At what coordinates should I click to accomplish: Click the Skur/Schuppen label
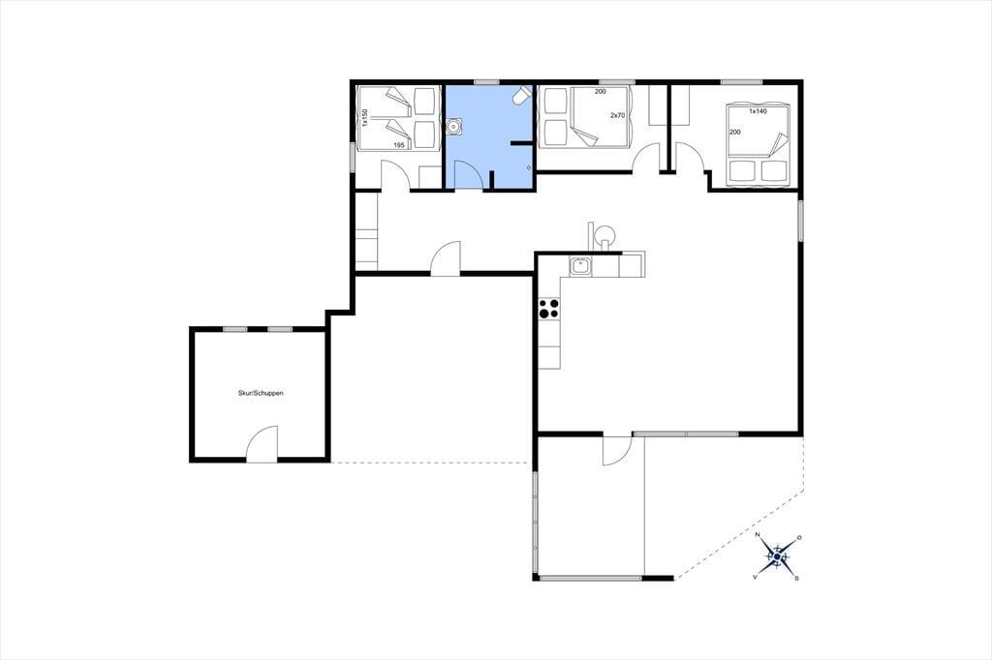tap(261, 393)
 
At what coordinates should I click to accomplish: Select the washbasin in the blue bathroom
tap(454, 127)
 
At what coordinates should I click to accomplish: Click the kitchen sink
tap(580, 267)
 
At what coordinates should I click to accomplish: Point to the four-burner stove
tap(549, 309)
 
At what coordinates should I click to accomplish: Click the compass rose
tap(778, 556)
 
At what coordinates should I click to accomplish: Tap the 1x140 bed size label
tap(758, 111)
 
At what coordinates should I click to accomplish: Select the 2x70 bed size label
tap(617, 116)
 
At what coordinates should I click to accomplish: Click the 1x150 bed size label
tap(365, 118)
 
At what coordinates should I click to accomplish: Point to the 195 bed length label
tap(399, 145)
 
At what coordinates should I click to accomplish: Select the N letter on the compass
tap(758, 535)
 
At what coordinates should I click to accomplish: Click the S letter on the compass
tap(797, 578)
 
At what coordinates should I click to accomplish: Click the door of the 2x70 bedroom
tap(646, 158)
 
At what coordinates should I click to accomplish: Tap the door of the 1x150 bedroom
tap(396, 175)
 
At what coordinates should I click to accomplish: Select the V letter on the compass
tap(755, 578)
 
